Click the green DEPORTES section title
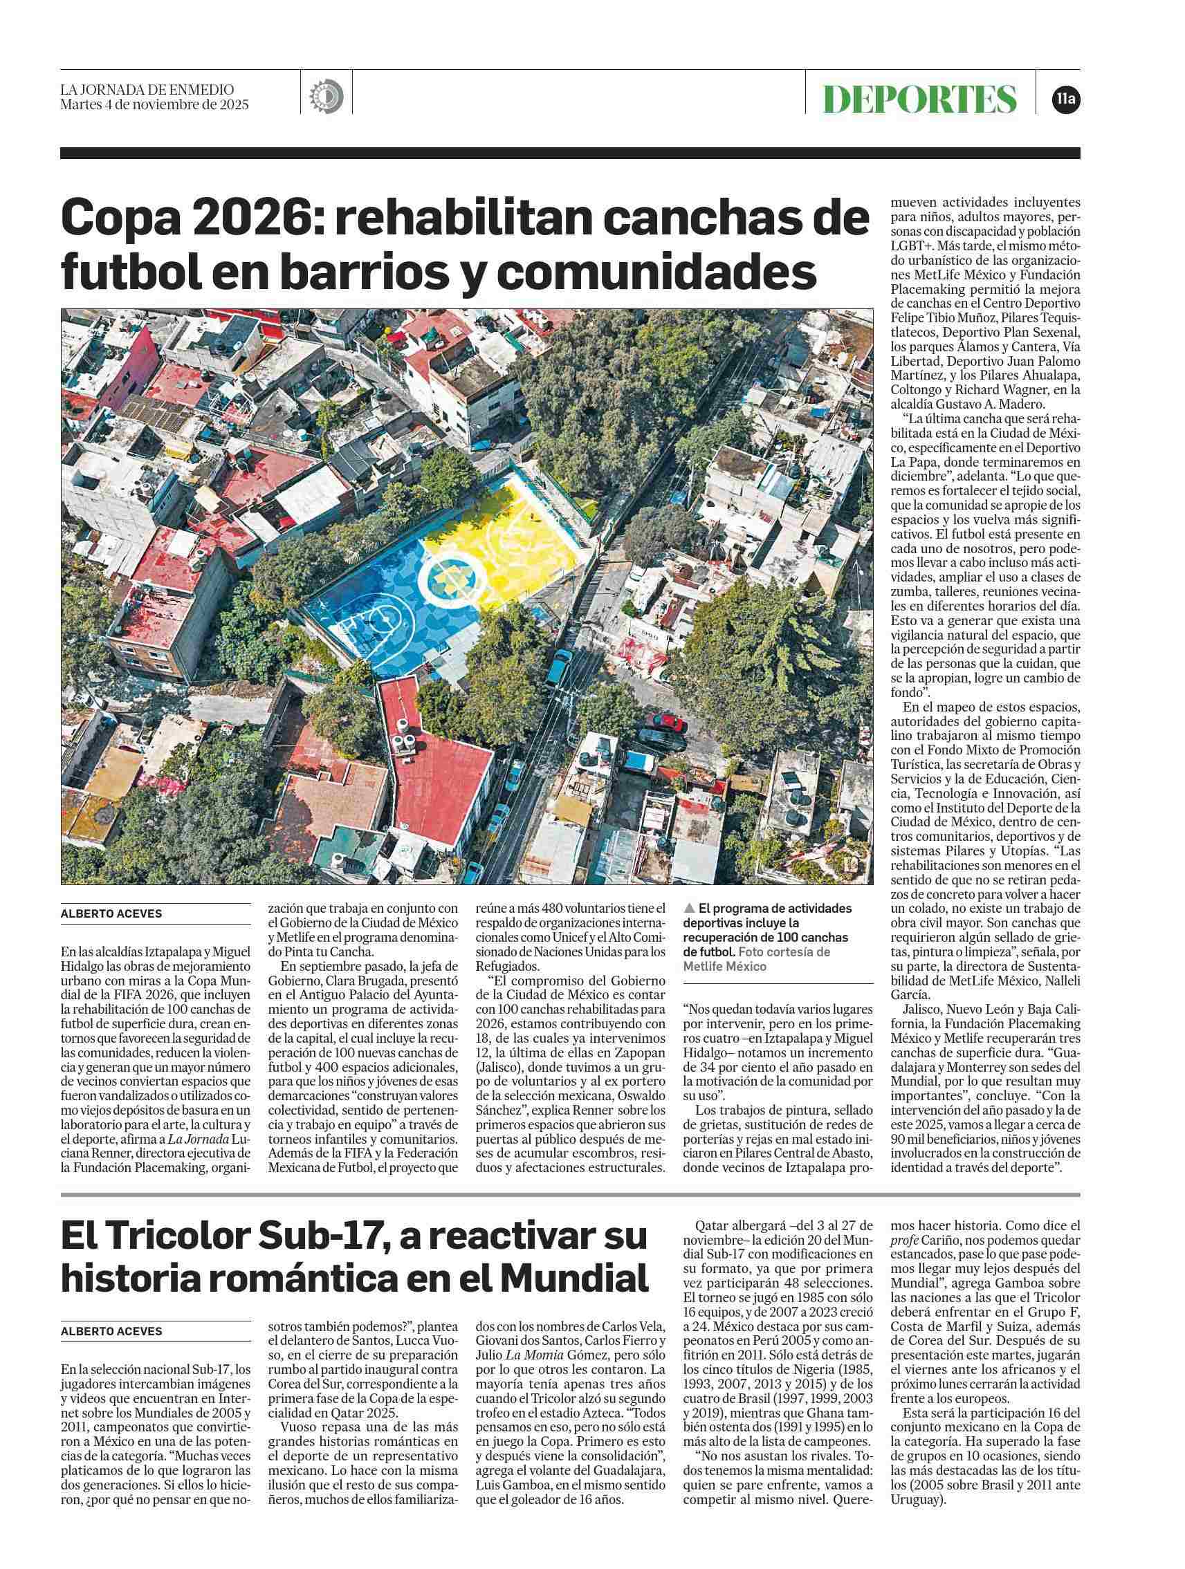[x=919, y=99]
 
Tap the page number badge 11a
[x=1067, y=100]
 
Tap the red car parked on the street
[x=665, y=723]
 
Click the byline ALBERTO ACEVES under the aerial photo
[x=111, y=913]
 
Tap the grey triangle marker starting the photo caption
[x=688, y=908]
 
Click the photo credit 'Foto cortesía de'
[x=787, y=952]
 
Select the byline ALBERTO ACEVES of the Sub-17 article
[x=111, y=1331]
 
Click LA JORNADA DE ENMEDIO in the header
[x=147, y=90]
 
